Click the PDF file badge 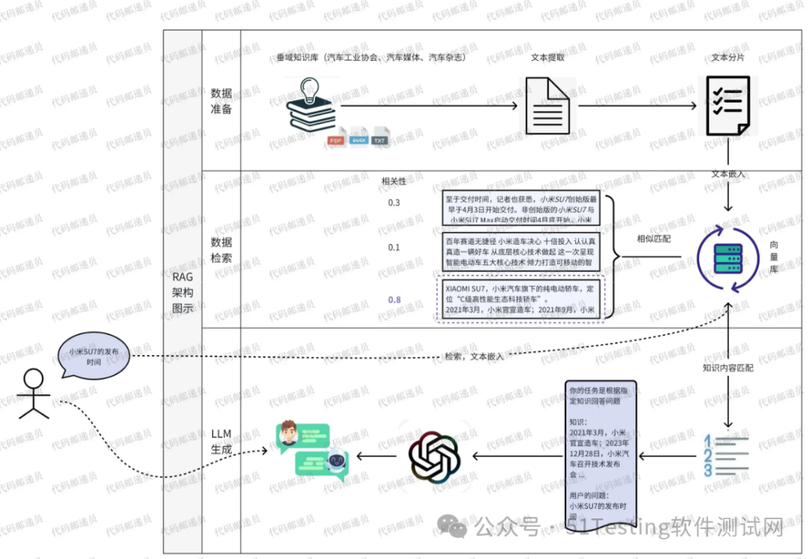(335, 140)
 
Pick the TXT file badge (381, 140)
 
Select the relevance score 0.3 (394, 203)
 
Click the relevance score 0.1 (394, 248)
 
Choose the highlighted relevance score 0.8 (394, 299)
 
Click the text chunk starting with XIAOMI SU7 (520, 299)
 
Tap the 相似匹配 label (654, 239)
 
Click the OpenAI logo (433, 455)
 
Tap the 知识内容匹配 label (727, 368)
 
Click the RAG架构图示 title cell (182, 292)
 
